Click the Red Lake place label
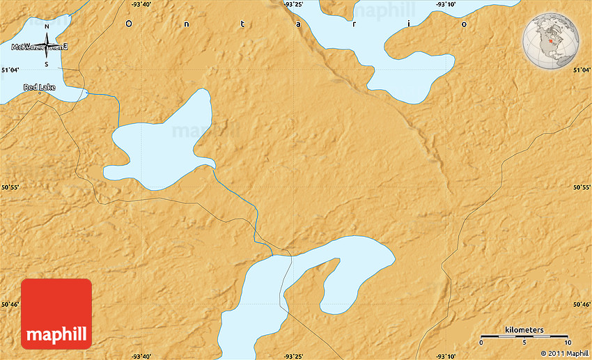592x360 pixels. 39,87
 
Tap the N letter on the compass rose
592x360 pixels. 47,27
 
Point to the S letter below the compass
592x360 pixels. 47,65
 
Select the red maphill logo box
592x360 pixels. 56,314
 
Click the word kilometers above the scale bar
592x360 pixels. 524,329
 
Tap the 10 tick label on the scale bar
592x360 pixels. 568,343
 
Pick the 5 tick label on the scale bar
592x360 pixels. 524,343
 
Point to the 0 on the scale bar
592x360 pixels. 482,343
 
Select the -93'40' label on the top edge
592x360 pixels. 141,4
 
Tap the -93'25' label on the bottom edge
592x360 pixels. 293,356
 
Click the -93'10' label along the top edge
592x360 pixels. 446,4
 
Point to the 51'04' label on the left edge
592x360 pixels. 10,70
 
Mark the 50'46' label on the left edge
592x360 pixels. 10,304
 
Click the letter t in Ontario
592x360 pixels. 242,24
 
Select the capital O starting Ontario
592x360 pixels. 128,24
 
